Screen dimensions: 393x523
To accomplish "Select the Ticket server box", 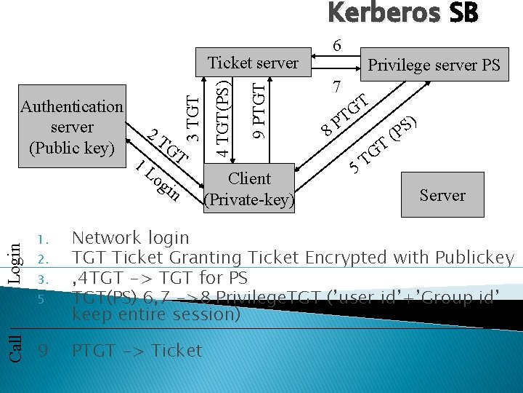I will tap(253, 63).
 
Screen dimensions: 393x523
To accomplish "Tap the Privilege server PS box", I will tap(434, 65).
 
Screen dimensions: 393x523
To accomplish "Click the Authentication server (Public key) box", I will tap(72, 127).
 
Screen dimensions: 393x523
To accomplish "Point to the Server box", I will tap(442, 195).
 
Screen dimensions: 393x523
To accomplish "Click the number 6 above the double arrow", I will tap(336, 45).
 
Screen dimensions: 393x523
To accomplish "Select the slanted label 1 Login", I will tap(158, 179).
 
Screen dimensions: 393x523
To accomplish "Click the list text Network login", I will tap(130, 238).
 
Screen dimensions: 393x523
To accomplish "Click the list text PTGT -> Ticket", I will tap(137, 350).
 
